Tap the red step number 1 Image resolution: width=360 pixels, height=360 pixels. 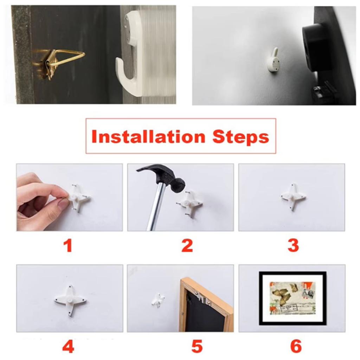68,246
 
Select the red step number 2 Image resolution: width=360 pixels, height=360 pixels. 187,246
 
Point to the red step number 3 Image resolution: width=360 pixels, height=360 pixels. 293,246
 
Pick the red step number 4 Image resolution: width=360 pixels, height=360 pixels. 68,346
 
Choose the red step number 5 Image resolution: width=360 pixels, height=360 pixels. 197,346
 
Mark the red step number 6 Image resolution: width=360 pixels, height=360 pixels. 296,346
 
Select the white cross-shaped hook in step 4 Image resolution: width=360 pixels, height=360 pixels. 70,300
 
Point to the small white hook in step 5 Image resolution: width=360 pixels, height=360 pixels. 158,300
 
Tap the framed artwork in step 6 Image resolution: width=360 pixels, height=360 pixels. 292,298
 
